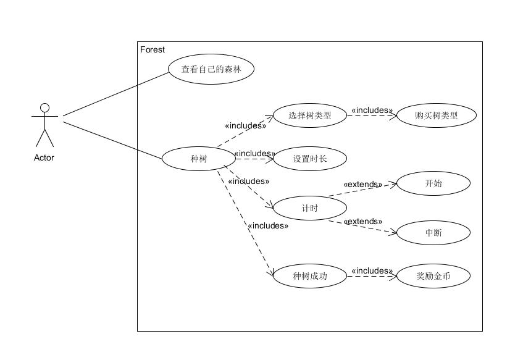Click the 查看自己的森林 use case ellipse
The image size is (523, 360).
click(211, 70)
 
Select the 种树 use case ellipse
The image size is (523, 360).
click(199, 159)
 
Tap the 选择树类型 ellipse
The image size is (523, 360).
click(309, 115)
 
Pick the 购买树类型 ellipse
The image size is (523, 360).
click(437, 115)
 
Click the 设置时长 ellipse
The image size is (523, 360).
click(309, 159)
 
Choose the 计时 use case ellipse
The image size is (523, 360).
click(309, 208)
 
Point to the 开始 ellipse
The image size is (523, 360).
click(433, 183)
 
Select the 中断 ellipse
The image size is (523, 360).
click(433, 233)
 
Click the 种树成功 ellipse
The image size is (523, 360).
click(309, 276)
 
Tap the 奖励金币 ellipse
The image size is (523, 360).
click(433, 276)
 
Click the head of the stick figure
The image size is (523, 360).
click(44, 108)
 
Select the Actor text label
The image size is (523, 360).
click(44, 157)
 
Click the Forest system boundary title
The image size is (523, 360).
click(153, 49)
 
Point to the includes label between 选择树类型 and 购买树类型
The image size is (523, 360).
click(372, 111)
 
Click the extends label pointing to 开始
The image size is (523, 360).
click(362, 184)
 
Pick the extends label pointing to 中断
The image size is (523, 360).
click(362, 221)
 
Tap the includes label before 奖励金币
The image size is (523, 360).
click(372, 270)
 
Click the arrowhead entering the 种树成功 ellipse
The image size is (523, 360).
click(270, 274)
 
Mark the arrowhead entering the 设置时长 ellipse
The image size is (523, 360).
click(270, 159)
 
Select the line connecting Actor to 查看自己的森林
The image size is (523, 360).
click(115, 93)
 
